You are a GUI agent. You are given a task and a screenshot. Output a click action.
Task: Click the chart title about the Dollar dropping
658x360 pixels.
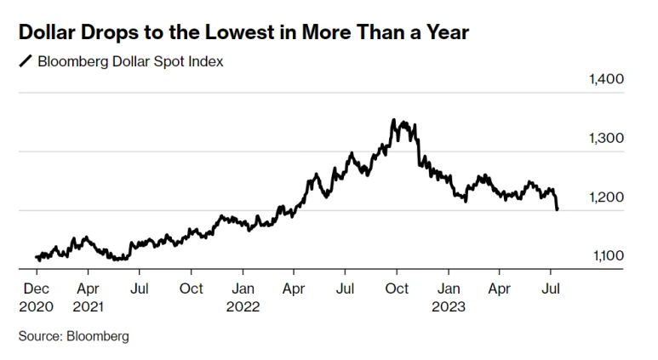tap(243, 32)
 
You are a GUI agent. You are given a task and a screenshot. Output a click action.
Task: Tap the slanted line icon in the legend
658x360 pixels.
tap(26, 61)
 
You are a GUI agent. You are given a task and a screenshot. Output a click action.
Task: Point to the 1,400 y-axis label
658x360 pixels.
tap(606, 79)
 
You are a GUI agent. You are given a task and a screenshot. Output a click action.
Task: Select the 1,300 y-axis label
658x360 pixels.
tap(606, 138)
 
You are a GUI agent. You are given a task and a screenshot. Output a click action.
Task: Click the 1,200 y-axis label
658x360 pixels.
tap(606, 197)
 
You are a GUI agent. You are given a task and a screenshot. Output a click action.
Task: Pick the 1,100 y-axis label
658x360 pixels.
tap(606, 255)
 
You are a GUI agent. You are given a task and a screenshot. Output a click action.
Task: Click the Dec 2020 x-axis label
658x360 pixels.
tap(36, 297)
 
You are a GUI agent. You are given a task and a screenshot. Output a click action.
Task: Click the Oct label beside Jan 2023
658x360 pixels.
tap(397, 289)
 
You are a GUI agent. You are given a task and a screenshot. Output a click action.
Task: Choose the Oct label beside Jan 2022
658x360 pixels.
tap(192, 289)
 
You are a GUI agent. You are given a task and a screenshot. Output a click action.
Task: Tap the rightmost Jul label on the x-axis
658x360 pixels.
tap(552, 289)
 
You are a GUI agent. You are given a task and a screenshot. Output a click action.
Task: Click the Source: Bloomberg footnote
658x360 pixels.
tap(74, 336)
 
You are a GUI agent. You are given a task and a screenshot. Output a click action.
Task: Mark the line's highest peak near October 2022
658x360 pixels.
tap(394, 121)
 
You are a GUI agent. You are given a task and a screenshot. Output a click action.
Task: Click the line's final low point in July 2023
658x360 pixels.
tap(557, 209)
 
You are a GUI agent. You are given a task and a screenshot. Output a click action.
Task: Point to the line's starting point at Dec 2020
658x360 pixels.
tap(36, 256)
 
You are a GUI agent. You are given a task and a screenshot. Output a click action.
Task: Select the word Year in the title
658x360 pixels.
tap(444, 32)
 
